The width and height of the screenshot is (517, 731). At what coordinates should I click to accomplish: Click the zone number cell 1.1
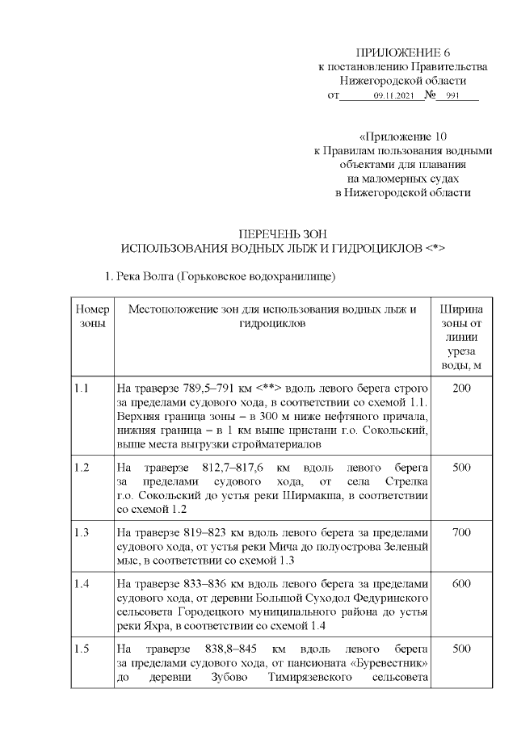[82, 389]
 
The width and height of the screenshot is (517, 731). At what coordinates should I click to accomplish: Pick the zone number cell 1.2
[82, 468]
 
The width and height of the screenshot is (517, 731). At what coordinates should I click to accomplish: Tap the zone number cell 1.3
[82, 533]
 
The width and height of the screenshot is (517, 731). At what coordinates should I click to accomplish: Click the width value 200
[462, 389]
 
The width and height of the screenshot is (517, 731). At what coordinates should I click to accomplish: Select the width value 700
[462, 533]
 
